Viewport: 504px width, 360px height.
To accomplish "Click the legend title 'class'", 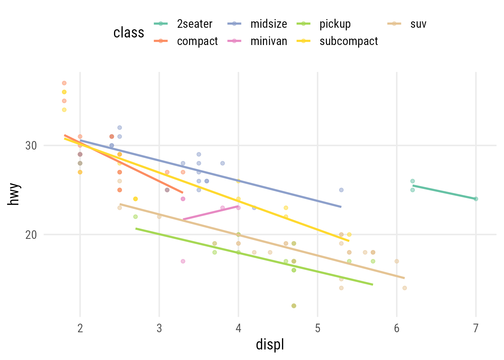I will click(x=129, y=33).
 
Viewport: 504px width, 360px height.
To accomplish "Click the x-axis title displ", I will click(x=270, y=344).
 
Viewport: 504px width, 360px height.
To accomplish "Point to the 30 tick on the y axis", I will click(x=31, y=145).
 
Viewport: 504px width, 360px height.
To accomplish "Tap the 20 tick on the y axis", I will click(x=31, y=235).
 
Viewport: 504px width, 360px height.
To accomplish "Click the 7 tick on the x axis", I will click(x=476, y=328).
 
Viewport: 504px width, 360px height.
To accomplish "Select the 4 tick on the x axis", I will click(x=238, y=328).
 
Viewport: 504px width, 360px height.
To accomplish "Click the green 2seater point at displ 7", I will click(x=476, y=199).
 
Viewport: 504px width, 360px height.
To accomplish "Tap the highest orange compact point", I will click(x=64, y=83).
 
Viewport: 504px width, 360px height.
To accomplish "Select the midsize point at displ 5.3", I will click(x=341, y=190).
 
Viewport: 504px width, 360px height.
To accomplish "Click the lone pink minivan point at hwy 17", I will click(x=183, y=261).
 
